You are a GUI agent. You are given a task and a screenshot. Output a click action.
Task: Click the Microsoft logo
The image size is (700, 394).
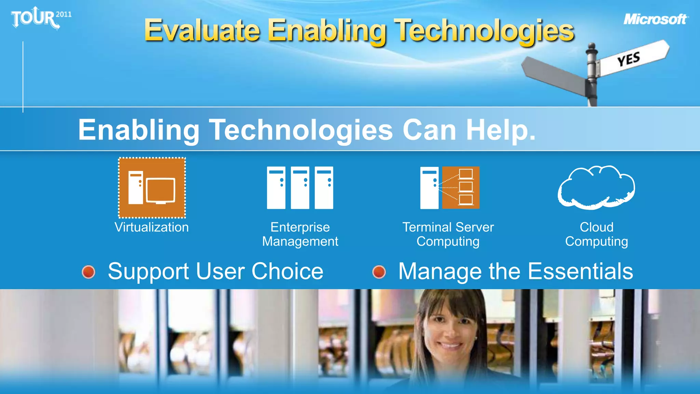[656, 19]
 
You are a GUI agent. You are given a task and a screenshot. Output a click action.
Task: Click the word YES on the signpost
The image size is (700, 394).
[629, 59]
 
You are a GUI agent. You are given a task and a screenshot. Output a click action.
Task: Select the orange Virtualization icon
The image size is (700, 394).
[152, 188]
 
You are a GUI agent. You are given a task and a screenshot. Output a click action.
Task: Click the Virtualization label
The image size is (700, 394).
[152, 227]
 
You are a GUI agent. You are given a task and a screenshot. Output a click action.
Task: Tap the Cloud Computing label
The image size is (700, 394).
[596, 234]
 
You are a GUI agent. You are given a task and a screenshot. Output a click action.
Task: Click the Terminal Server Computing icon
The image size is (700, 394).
[450, 188]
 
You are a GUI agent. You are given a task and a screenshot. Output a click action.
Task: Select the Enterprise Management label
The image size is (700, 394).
[300, 234]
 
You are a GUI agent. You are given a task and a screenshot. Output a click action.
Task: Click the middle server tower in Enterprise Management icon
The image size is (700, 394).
[300, 188]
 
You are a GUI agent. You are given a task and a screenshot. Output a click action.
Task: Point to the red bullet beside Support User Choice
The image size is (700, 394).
[89, 272]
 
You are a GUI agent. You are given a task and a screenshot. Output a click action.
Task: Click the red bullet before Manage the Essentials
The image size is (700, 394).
[379, 272]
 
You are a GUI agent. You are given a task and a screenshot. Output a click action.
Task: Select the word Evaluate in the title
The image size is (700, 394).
[202, 30]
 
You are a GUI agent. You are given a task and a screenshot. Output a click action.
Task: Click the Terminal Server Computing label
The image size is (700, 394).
[448, 234]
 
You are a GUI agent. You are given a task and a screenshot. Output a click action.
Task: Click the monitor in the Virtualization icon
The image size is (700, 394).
[161, 191]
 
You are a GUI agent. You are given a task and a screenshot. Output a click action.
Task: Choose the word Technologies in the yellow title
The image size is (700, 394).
[484, 30]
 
